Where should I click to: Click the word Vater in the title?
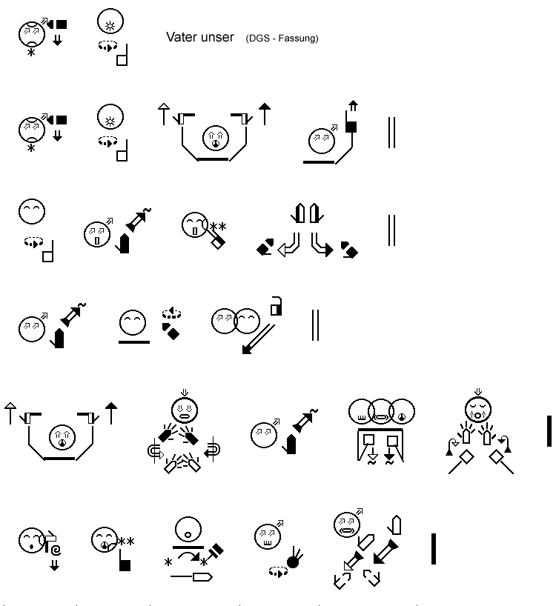181,37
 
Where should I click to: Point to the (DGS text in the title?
257,39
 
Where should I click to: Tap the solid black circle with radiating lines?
294,559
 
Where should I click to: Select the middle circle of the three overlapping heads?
381,411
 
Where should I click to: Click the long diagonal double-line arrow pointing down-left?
258,339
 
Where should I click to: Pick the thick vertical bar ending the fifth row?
549,431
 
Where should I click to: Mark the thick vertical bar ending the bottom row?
434,549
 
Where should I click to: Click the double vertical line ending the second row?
391,133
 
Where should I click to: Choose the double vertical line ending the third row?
391,230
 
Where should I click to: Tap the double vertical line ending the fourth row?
316,325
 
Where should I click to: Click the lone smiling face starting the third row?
32,211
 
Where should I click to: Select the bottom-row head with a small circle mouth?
188,530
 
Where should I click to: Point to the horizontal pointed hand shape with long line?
191,577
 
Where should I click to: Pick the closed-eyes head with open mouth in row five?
478,410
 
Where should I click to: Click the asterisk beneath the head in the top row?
31,52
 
